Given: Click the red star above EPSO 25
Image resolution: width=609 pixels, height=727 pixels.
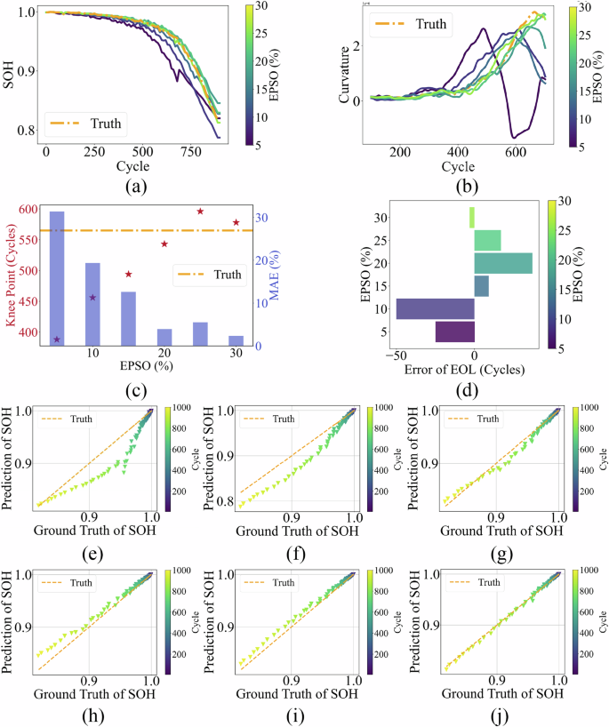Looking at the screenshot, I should tap(200, 212).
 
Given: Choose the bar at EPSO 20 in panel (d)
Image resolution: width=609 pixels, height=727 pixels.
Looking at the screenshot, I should tap(503, 263).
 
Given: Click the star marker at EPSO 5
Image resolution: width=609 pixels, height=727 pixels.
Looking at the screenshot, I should tap(56, 340).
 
